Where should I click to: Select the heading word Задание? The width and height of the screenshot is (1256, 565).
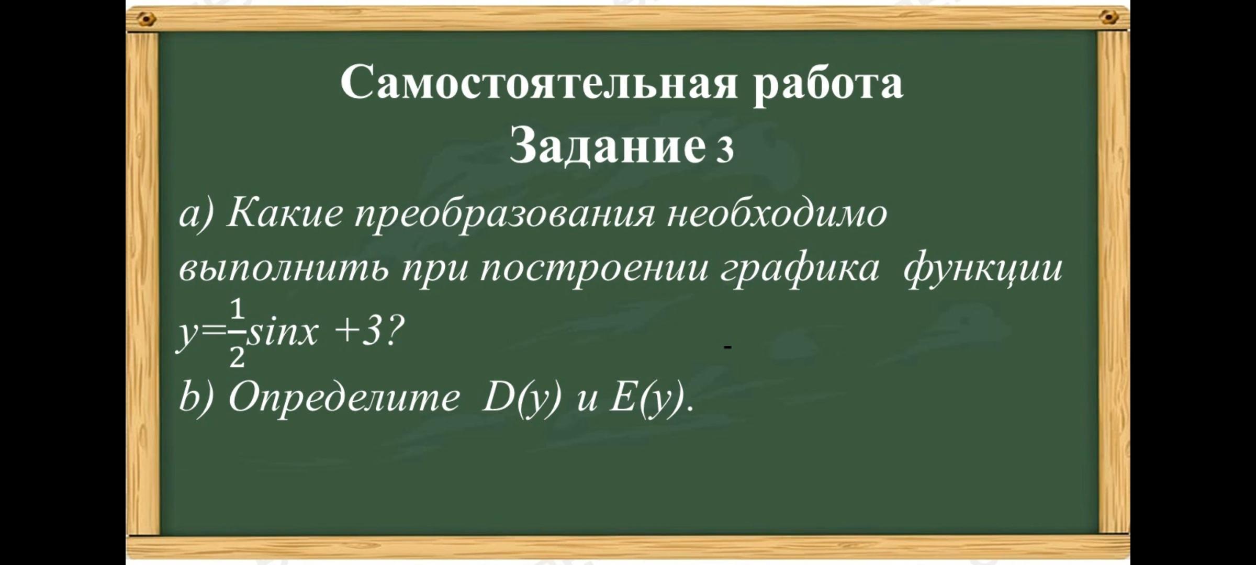[607, 145]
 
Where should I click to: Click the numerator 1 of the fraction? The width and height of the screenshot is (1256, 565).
[238, 310]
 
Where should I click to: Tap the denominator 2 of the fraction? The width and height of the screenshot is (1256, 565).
[237, 358]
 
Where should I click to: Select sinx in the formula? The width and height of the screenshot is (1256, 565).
[282, 333]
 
